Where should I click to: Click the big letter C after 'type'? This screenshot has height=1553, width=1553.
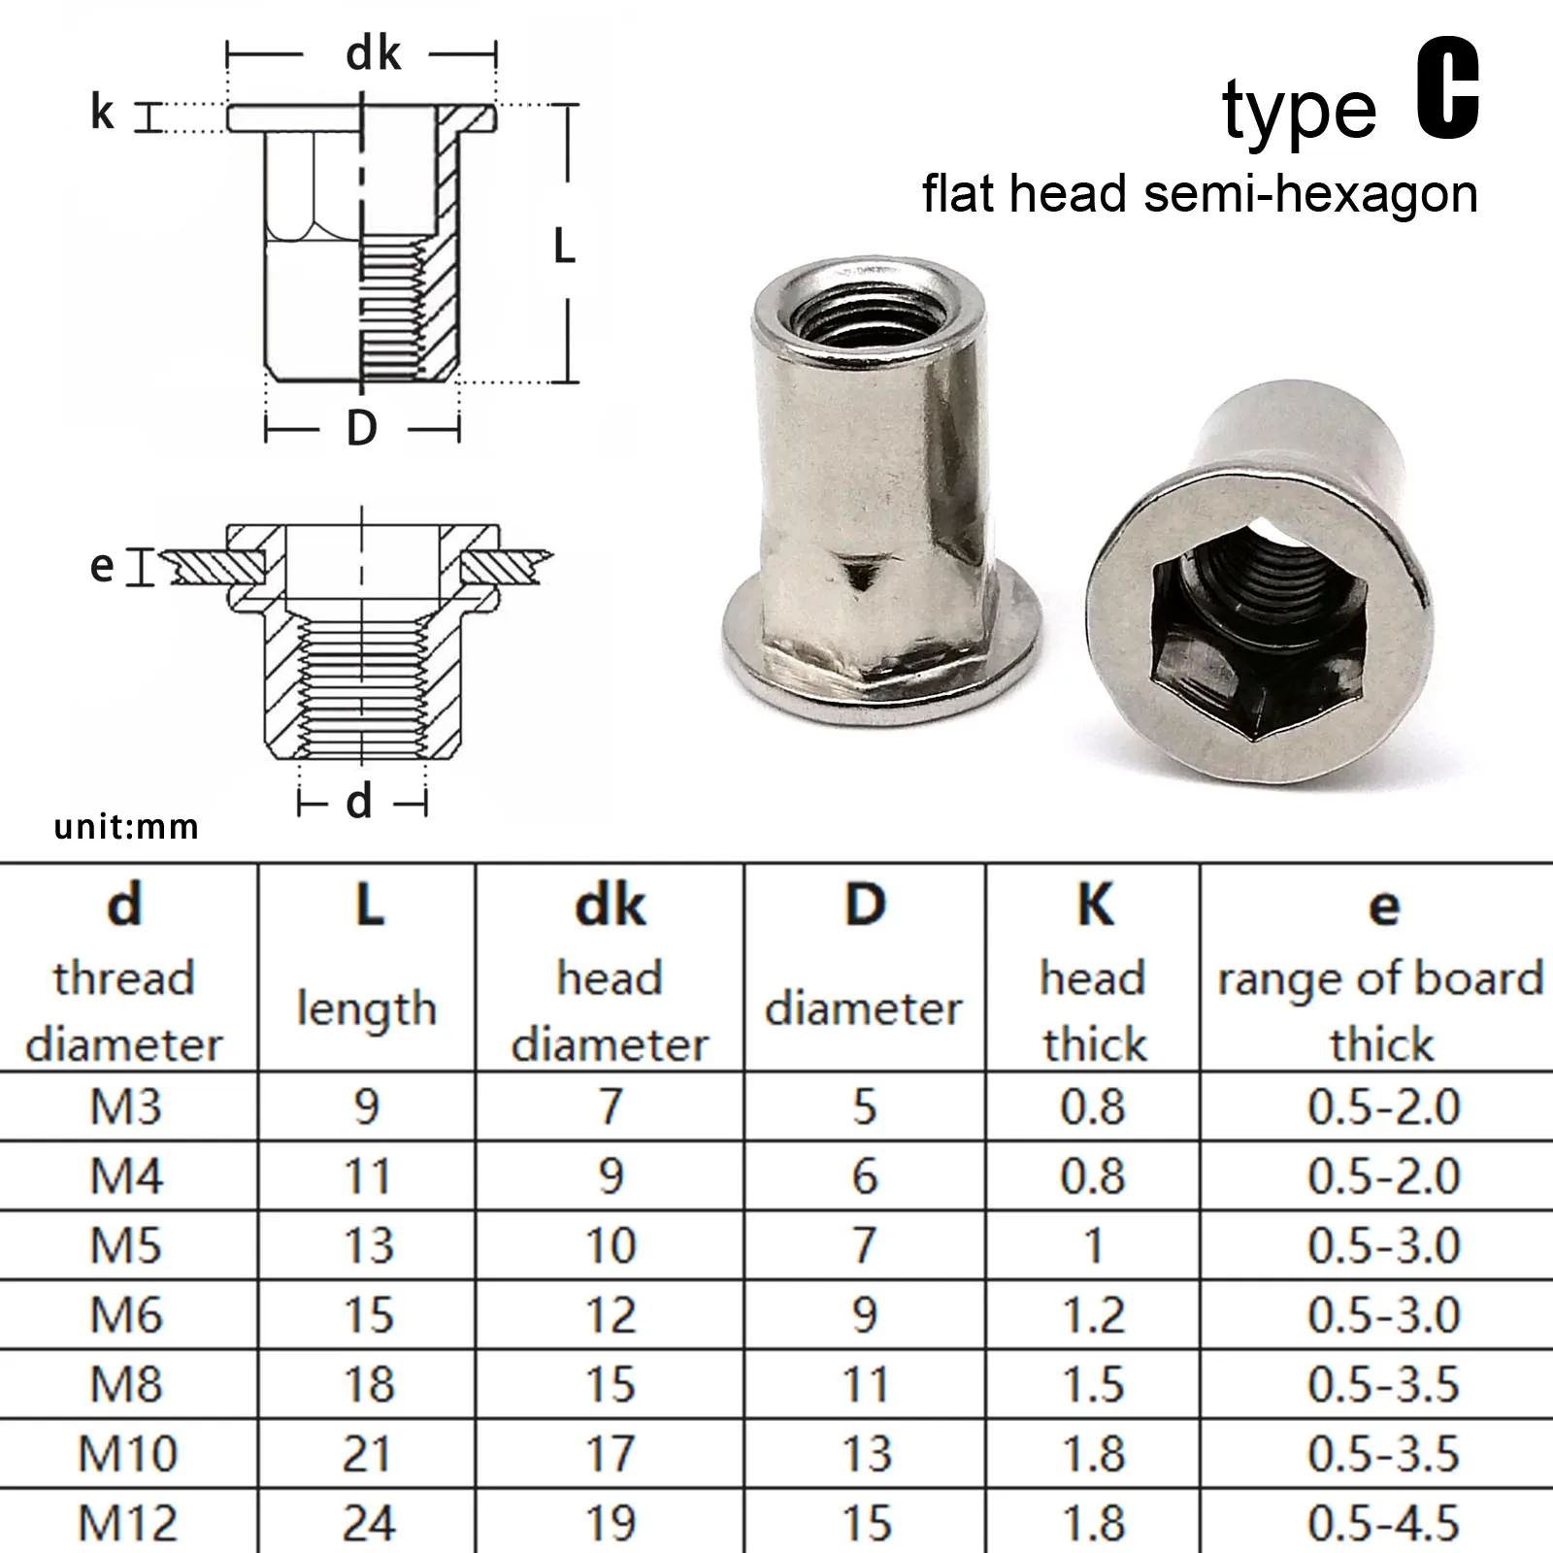pos(1447,92)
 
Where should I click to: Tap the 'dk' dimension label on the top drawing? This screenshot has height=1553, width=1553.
pos(373,53)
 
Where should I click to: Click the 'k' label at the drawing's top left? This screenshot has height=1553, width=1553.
pos(102,112)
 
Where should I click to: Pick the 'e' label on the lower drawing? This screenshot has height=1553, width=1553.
pos(102,566)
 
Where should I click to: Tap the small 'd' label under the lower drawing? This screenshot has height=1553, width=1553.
pos(359,802)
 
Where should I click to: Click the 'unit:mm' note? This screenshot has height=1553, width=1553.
pos(126,827)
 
